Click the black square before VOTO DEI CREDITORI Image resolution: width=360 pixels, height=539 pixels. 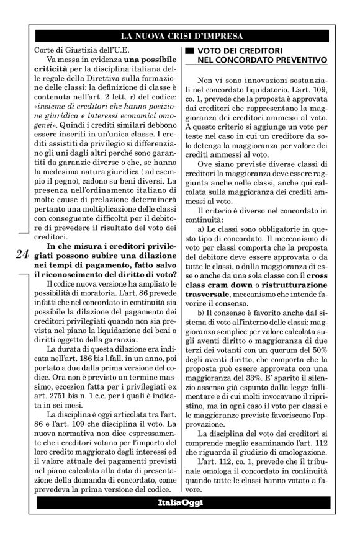tap(183, 50)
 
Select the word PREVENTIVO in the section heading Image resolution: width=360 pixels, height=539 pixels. tap(292, 60)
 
